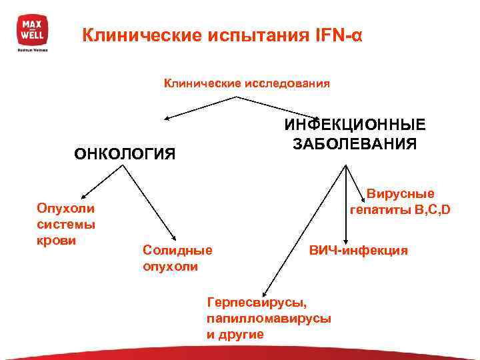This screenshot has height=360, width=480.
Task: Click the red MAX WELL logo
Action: (31, 30)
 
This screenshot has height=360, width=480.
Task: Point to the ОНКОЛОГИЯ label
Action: (125, 155)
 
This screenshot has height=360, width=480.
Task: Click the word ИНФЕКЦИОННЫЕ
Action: (355, 125)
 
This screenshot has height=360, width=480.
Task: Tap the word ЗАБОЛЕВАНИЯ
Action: (355, 144)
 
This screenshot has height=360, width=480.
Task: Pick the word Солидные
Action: (177, 250)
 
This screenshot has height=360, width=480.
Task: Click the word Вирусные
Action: (401, 194)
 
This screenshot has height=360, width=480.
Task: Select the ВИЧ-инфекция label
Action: (357, 251)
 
